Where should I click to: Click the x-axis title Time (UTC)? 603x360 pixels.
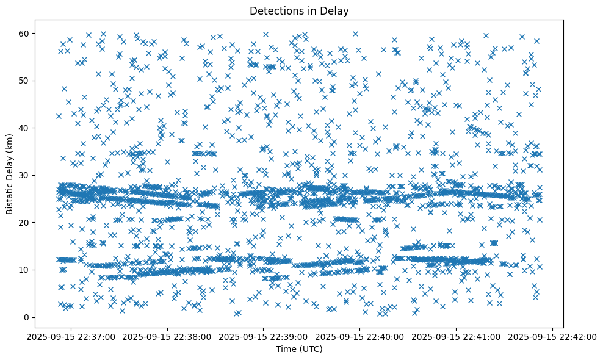click(299, 350)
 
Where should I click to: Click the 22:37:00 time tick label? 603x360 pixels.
click(70, 336)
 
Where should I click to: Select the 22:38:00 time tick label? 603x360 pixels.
click(167, 336)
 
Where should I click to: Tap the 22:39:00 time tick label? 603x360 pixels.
click(263, 336)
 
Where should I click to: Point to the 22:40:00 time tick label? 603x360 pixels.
click(360, 336)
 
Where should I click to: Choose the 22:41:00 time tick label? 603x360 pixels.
click(457, 336)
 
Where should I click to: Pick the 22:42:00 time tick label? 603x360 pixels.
click(553, 336)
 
